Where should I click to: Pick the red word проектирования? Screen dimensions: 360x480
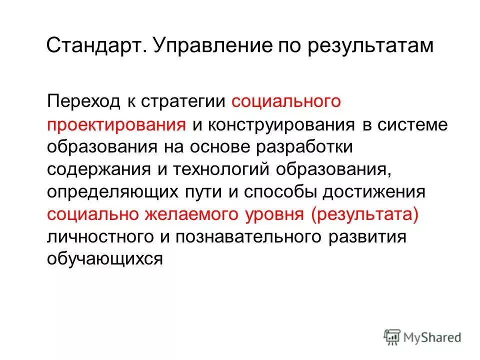tap(116, 124)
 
